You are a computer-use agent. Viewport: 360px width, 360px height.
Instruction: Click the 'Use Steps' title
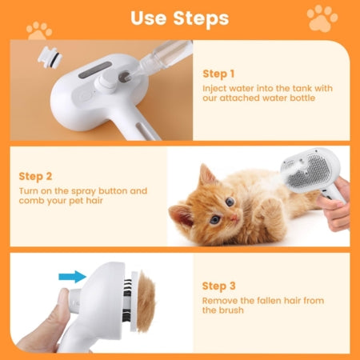coord(179,18)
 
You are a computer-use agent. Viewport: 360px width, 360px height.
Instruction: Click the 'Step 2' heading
coord(36,175)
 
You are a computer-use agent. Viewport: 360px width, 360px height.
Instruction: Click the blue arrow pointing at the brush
coord(72,276)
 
